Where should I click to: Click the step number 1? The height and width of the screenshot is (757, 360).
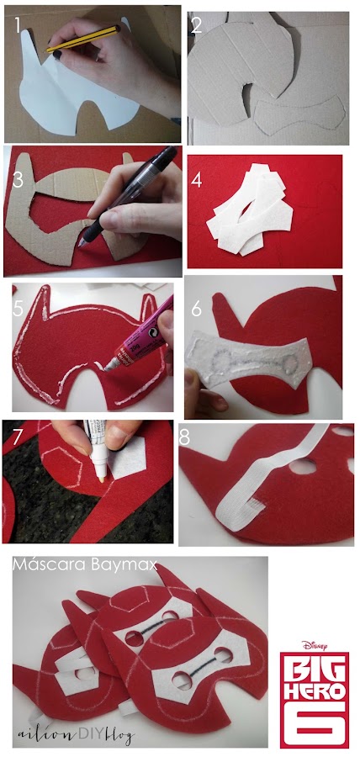pos(18,24)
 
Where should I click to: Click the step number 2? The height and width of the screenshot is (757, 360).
pos(197,25)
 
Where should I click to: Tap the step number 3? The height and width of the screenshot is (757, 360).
pos(19,180)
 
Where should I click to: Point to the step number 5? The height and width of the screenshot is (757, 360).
pos(18,309)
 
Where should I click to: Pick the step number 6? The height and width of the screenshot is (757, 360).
pos(197,309)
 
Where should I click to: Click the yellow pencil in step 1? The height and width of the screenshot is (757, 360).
pos(83,38)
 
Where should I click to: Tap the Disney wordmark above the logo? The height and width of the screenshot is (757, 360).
pos(315,645)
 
